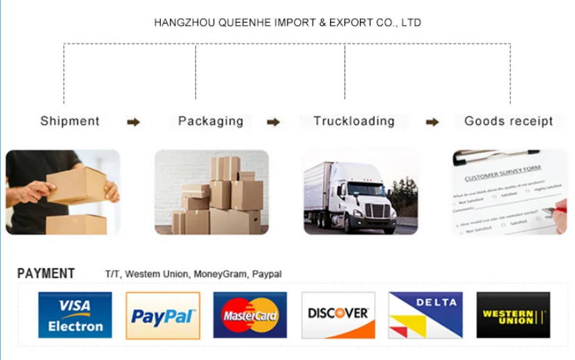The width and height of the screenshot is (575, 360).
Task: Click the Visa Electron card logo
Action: pyautogui.click(x=75, y=315)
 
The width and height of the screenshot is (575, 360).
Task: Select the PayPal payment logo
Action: pyautogui.click(x=163, y=315)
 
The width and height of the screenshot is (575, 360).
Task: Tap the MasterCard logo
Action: pyautogui.click(x=250, y=315)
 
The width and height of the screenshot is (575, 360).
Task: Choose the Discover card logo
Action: pyautogui.click(x=338, y=315)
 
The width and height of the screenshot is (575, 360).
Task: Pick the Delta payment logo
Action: pyautogui.click(x=425, y=315)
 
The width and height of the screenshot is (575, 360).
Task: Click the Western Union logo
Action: pyautogui.click(x=513, y=315)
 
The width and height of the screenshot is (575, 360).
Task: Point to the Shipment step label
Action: pyautogui.click(x=70, y=121)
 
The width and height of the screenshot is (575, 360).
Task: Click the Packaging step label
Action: pyautogui.click(x=210, y=121)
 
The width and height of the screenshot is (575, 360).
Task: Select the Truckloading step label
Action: pyautogui.click(x=354, y=121)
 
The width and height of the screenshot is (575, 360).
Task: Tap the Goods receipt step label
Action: pyautogui.click(x=508, y=121)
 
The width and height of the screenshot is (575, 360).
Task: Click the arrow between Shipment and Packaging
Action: pyautogui.click(x=133, y=123)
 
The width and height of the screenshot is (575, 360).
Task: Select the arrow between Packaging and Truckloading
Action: pyautogui.click(x=274, y=123)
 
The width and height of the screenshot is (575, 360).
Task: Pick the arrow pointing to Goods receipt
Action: pyautogui.click(x=432, y=123)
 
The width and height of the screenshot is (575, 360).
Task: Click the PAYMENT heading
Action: pyautogui.click(x=46, y=274)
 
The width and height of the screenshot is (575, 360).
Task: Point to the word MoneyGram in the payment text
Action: pyautogui.click(x=219, y=274)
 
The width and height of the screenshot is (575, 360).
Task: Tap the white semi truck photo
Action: pyautogui.click(x=360, y=192)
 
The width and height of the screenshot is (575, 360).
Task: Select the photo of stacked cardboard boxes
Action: pyautogui.click(x=212, y=192)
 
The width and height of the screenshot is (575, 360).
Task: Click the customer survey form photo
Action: pyautogui.click(x=510, y=192)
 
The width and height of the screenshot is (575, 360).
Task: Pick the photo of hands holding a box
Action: pyautogui.click(x=63, y=192)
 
